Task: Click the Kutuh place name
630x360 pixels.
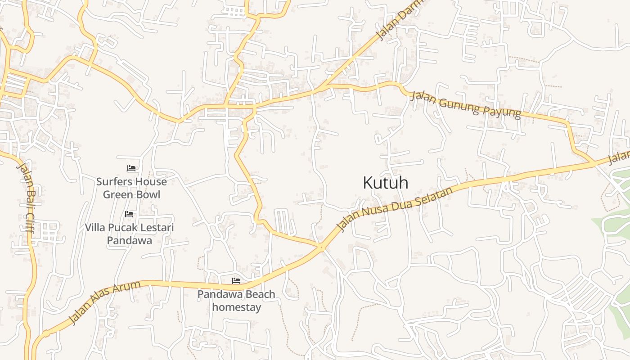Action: point(386,183)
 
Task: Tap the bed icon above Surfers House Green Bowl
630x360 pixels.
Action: point(131,168)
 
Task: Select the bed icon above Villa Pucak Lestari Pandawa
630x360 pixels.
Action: point(130,214)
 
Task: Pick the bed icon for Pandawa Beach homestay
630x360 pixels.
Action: point(236,281)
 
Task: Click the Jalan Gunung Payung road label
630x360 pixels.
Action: point(466,104)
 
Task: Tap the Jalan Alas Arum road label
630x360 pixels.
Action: point(105,302)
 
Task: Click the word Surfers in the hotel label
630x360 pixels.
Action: point(114,182)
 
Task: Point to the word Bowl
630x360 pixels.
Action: point(149,194)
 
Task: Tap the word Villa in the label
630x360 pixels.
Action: point(95,228)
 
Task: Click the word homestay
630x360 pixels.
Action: point(236,307)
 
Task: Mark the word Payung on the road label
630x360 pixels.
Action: point(505,111)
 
